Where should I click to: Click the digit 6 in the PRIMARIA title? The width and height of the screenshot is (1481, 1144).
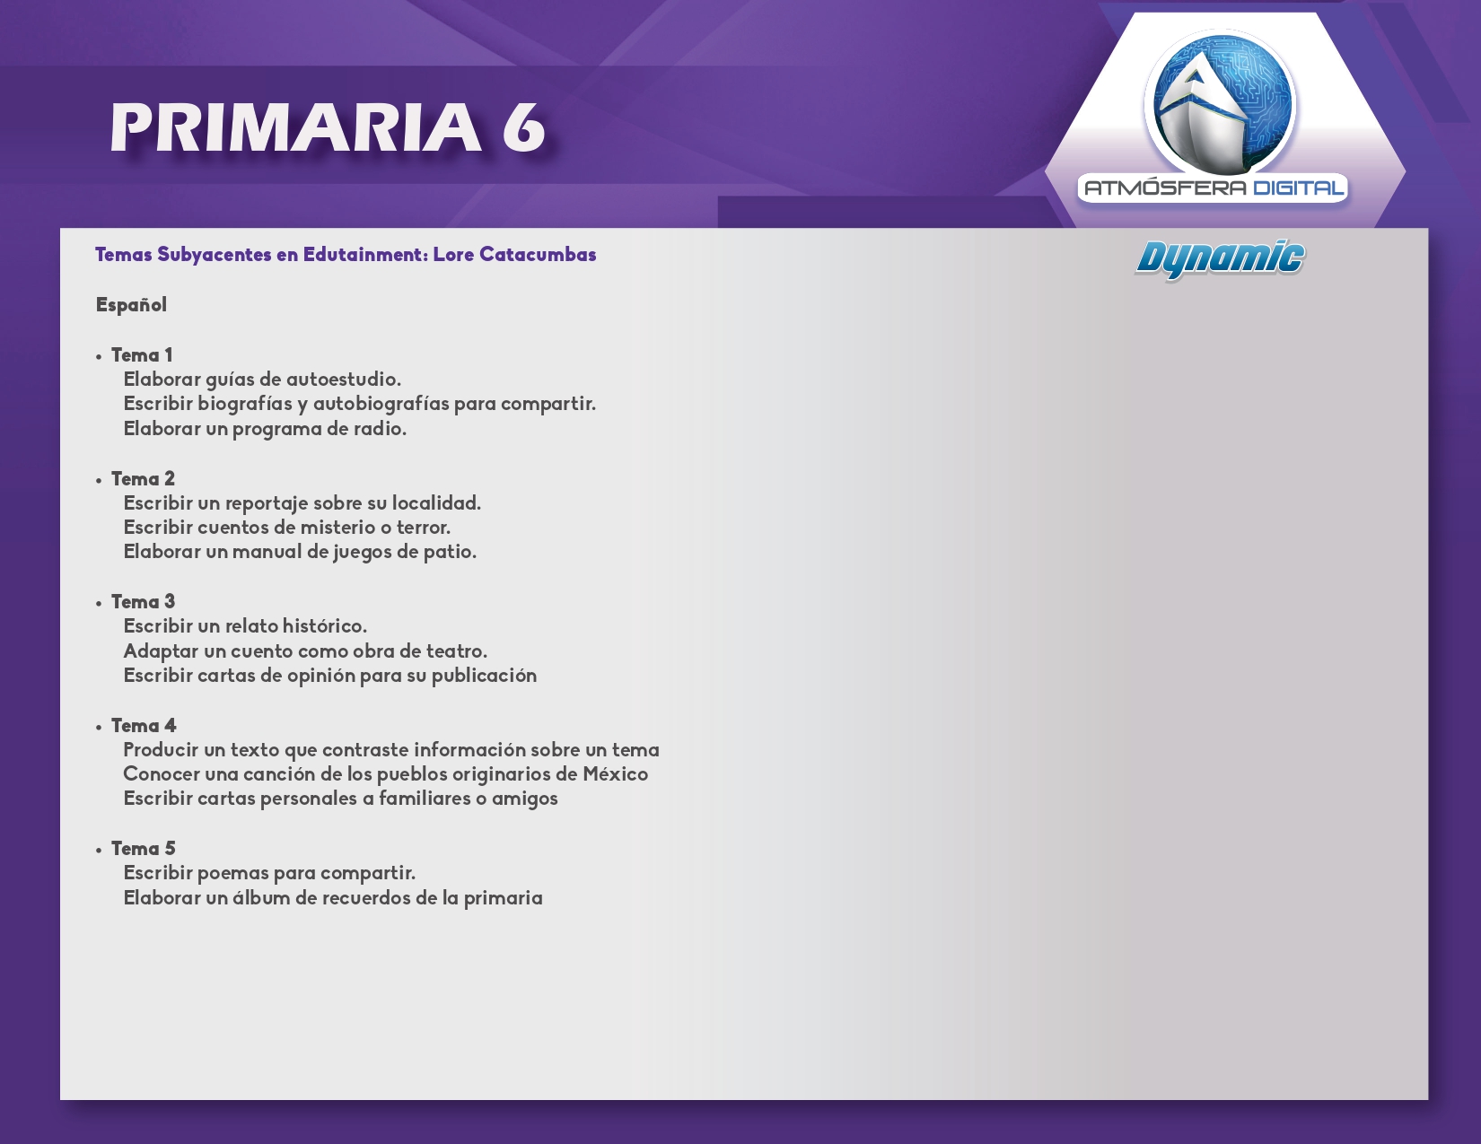523,127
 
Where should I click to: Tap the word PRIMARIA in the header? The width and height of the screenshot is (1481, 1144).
296,127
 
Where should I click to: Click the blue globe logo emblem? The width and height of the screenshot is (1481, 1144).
1221,102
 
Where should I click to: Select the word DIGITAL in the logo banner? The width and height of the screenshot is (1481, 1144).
1299,188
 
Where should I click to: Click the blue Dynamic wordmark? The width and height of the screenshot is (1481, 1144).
1220,259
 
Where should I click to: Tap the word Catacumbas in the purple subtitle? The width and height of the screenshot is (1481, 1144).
538,255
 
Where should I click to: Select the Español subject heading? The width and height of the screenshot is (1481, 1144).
131,305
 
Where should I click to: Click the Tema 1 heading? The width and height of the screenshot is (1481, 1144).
142,355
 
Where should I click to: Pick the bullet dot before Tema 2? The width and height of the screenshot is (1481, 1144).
99,481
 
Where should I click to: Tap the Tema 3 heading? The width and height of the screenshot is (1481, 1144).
143,602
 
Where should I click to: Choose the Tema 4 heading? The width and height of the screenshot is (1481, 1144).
144,726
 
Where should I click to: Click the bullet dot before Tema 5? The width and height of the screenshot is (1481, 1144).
99,851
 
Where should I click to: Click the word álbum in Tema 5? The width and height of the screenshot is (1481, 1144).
262,897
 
